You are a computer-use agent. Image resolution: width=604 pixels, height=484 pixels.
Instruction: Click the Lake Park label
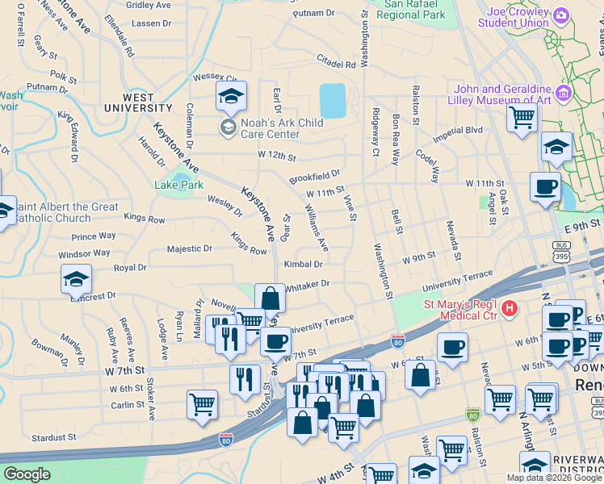click(x=178, y=185)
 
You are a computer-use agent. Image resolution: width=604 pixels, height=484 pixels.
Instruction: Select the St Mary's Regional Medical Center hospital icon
click(x=509, y=308)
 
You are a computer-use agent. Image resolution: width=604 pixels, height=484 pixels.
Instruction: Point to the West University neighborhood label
click(x=136, y=102)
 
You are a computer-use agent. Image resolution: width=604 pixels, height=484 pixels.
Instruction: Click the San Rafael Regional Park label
click(x=410, y=10)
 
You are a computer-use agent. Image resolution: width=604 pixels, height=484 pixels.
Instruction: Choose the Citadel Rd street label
click(x=337, y=63)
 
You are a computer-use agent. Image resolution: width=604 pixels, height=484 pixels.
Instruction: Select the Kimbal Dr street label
click(x=303, y=264)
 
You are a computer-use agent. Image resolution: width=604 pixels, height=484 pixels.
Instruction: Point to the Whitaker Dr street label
click(x=308, y=284)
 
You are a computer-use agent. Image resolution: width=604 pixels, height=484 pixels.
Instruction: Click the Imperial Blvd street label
click(x=457, y=131)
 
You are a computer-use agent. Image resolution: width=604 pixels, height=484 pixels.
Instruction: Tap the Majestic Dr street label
click(x=189, y=249)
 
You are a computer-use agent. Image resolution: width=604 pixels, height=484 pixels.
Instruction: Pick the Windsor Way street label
click(x=84, y=253)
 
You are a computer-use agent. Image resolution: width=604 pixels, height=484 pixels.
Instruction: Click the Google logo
click(x=27, y=474)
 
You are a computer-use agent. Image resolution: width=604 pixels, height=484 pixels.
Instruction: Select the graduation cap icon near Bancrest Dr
click(x=76, y=280)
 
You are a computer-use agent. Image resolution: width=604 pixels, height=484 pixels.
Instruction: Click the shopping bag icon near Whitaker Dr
click(x=270, y=298)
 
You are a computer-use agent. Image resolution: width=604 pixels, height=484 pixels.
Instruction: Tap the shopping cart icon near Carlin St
click(x=202, y=405)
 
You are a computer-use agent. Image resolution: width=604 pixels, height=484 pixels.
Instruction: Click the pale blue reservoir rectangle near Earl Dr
click(x=333, y=101)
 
